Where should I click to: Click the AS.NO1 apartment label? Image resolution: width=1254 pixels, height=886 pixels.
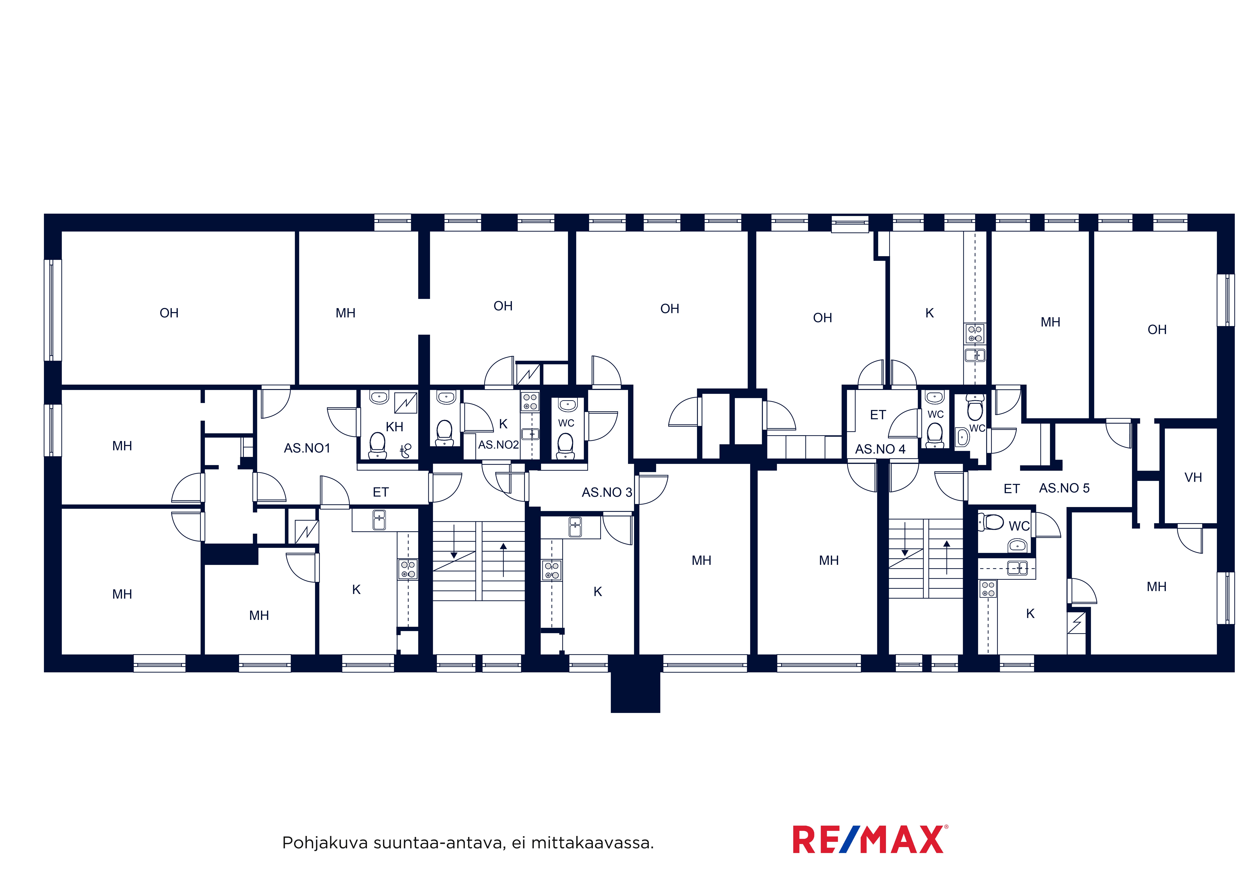(307, 448)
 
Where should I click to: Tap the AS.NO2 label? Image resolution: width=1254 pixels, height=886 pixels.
(498, 445)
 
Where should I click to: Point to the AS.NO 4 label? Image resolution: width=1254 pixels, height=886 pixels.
(880, 449)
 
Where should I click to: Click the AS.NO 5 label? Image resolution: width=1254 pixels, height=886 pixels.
(1064, 488)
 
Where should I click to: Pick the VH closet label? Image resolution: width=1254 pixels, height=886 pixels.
(1193, 478)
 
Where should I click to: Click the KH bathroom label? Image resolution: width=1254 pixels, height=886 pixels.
(394, 427)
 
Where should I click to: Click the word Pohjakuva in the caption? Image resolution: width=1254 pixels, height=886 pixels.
(325, 843)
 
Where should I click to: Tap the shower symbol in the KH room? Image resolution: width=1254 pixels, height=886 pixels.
(406, 450)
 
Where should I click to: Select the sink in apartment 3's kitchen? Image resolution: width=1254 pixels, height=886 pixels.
(575, 527)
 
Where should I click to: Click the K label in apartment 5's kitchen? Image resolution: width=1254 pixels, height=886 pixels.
(1030, 614)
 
